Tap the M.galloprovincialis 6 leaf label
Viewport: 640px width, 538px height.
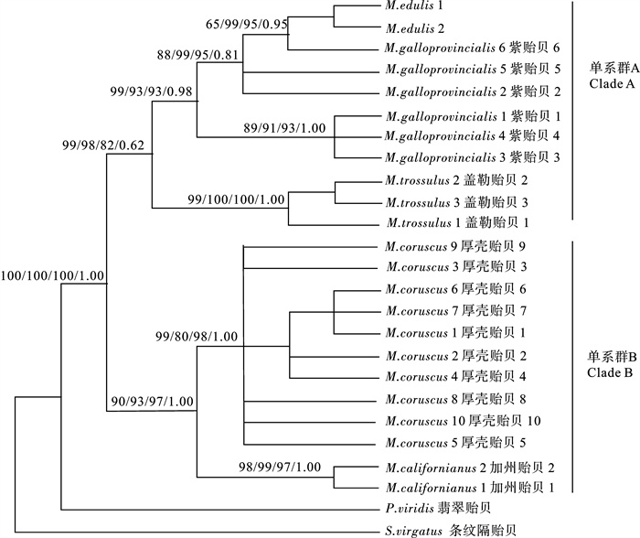[467, 48]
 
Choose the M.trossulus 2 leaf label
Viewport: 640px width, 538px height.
[453, 181]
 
